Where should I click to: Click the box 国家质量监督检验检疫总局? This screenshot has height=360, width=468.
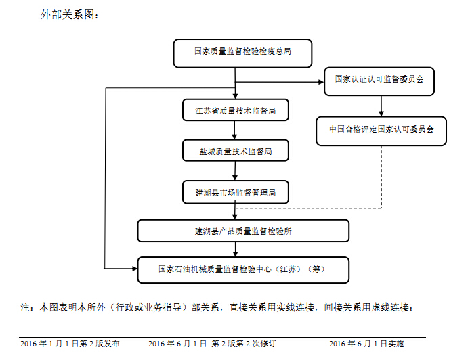242,53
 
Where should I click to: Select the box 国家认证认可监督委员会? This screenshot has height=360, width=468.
379,81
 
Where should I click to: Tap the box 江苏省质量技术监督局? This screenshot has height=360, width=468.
236,110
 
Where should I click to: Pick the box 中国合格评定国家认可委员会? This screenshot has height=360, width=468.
381,131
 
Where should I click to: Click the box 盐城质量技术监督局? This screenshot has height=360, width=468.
236,151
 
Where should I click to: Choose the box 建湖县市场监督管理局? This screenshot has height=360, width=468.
236,192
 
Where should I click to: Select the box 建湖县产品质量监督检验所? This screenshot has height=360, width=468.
243,231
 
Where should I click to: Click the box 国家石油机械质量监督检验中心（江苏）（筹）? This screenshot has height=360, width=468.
243,269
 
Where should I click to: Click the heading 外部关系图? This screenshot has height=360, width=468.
69,15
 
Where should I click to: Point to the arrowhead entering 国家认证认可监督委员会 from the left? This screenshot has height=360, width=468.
322,82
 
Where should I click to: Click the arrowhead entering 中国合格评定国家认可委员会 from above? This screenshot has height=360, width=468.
381,114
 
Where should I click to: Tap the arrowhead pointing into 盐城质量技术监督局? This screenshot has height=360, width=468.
234,137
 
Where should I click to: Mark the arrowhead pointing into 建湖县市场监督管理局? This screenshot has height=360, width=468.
235,177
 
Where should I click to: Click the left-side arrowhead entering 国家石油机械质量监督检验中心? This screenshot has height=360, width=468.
135,269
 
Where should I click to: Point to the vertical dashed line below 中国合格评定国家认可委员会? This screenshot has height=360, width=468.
381,177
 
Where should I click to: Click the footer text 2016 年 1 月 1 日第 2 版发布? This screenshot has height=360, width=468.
70,344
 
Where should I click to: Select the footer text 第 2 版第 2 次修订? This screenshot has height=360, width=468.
243,344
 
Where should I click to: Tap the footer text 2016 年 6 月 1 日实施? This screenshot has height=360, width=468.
366,344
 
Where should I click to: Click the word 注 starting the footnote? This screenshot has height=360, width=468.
25,307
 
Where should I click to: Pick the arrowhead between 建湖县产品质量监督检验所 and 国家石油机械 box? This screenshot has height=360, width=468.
235,254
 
